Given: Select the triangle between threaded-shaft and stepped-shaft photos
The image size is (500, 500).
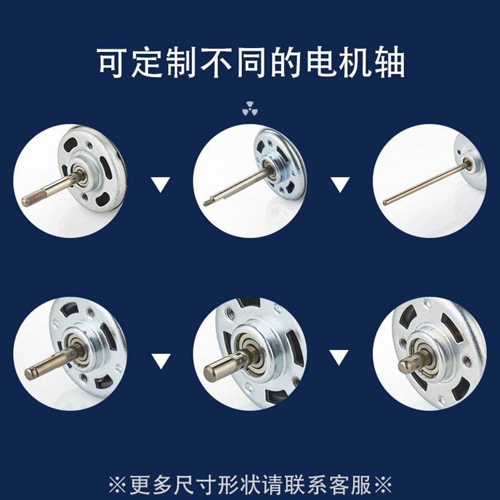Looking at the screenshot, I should point(161,184).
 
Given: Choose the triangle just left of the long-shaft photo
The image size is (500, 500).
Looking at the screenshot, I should point(340,184).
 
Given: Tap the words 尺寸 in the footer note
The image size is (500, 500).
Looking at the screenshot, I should point(189,484).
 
